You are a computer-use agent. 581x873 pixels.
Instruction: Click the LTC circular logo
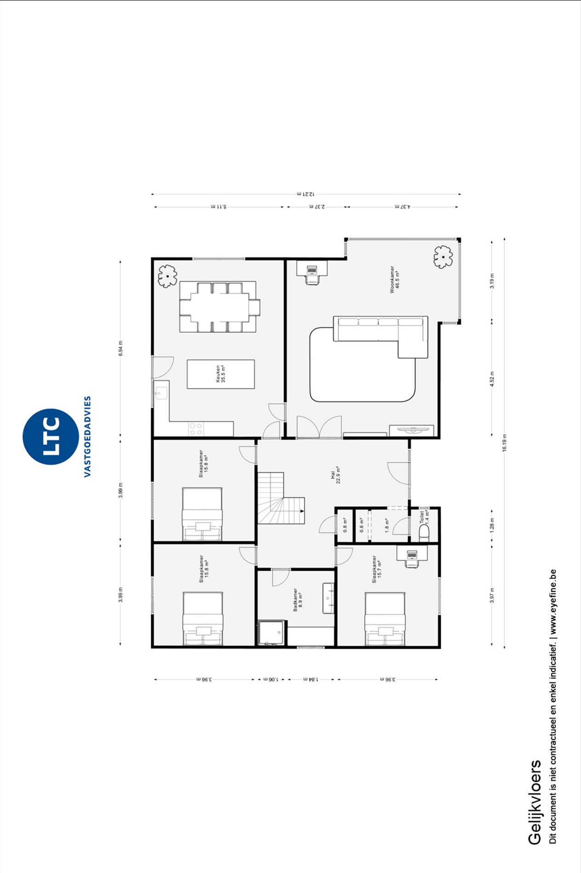click(x=51, y=436)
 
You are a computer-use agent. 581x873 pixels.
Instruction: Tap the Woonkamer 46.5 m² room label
click(x=394, y=279)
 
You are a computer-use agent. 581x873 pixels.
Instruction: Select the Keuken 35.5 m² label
click(x=221, y=374)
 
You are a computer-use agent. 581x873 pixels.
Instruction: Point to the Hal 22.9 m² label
click(x=336, y=475)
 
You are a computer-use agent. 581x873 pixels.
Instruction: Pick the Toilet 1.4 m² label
click(x=424, y=518)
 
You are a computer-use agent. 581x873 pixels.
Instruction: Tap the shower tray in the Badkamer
click(x=272, y=633)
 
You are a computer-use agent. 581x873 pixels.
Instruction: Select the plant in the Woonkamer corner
click(x=443, y=257)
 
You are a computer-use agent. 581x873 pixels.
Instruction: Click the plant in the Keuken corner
click(x=168, y=276)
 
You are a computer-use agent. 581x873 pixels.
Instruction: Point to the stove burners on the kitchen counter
click(x=196, y=429)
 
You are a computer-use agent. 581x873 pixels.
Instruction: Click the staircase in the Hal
click(x=280, y=499)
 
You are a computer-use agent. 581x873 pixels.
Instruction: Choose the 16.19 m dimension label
click(x=504, y=443)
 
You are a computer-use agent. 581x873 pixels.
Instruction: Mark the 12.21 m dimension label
click(x=306, y=194)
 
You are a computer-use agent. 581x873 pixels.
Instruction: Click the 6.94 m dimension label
click(x=120, y=348)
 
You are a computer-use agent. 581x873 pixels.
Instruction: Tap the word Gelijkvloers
click(x=534, y=802)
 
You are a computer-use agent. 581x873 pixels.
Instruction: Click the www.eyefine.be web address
click(x=553, y=602)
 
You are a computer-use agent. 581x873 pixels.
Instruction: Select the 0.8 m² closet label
click(x=345, y=525)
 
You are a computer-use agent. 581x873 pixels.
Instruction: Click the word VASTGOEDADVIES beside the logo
click(x=87, y=436)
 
